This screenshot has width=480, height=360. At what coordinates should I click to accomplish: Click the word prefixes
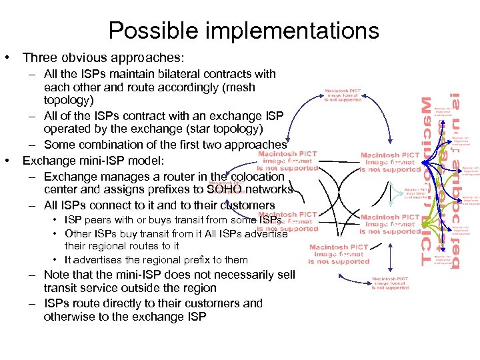pyautogui.click(x=167, y=189)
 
